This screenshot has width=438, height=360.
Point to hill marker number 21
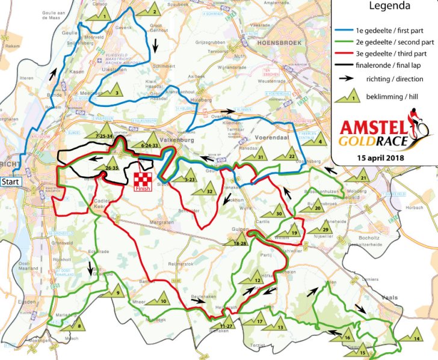[x=362, y=177]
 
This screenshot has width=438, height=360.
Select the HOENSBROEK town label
[x=277, y=43]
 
